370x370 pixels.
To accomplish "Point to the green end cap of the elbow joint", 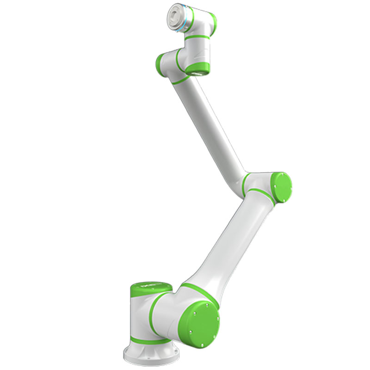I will tap(281, 187).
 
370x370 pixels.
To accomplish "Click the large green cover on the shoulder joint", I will tap(202, 321).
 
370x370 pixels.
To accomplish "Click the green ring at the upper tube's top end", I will tap(180, 79).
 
